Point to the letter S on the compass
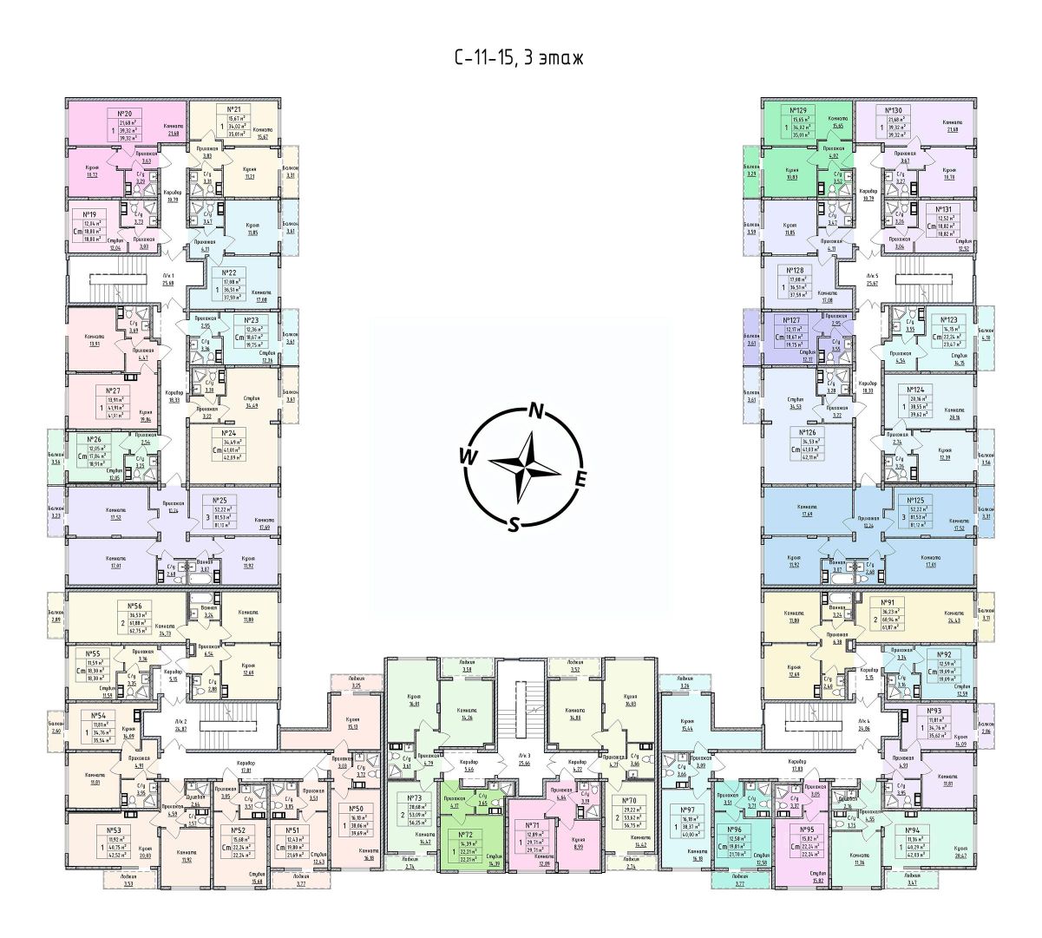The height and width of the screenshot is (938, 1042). tap(514, 523)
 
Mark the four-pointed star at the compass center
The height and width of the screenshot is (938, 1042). tap(524, 467)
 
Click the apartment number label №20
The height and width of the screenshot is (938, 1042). tap(123, 113)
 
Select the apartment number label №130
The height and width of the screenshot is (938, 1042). tap(894, 111)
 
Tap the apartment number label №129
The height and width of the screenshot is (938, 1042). tap(799, 111)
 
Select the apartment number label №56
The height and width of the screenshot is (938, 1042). tap(135, 606)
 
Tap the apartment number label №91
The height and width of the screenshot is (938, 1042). tap(888, 601)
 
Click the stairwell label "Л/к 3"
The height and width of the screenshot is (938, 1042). tap(525, 756)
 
